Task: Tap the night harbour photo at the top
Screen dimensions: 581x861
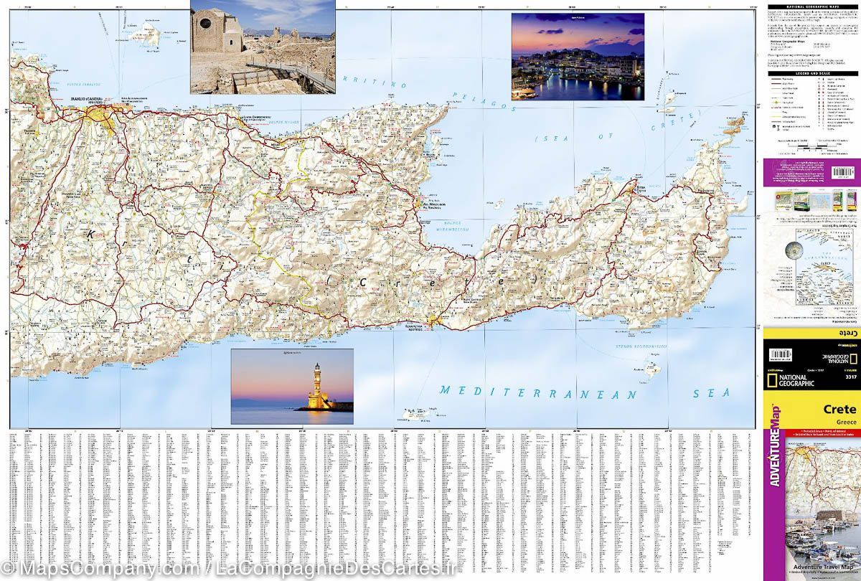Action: (577, 57)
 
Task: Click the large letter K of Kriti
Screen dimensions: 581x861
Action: (91, 234)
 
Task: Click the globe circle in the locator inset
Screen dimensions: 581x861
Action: (794, 249)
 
